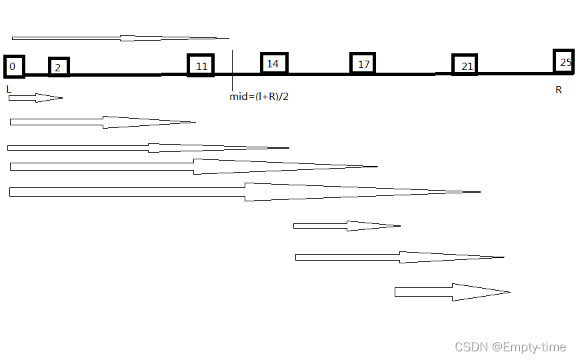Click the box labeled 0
click(13, 67)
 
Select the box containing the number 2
click(58, 67)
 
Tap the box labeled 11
click(201, 65)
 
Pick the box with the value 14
click(273, 63)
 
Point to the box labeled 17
click(363, 64)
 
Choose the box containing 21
click(465, 65)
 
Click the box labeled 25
click(564, 62)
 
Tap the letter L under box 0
click(9, 89)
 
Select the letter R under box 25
click(559, 90)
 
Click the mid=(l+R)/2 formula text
click(259, 97)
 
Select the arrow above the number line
click(120, 38)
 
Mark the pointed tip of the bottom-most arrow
click(509, 292)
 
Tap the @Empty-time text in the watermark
click(529, 347)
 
